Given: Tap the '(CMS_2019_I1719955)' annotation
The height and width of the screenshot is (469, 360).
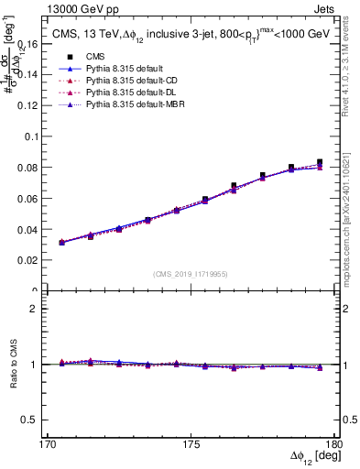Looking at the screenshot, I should [191, 273].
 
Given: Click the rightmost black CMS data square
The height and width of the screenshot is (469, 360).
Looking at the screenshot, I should [320, 162].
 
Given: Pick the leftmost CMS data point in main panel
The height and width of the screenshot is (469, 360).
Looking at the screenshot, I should [61, 243].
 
